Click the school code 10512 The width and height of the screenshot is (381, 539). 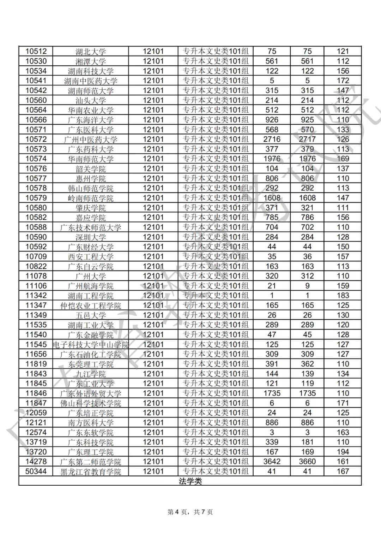pyautogui.click(x=36, y=51)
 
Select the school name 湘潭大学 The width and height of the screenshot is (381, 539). pyautogui.click(x=91, y=61)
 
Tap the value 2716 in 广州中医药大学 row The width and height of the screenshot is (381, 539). pyautogui.click(x=272, y=139)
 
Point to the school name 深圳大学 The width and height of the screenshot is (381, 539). pyautogui.click(x=91, y=237)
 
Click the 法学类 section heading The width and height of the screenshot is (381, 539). pyautogui.click(x=190, y=481)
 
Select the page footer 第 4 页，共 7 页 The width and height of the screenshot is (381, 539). pyautogui.click(x=190, y=512)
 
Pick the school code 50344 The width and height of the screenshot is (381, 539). pyautogui.click(x=36, y=471)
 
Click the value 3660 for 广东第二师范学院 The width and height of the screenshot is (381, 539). pyautogui.click(x=307, y=461)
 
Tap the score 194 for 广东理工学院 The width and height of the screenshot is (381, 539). pyautogui.click(x=343, y=452)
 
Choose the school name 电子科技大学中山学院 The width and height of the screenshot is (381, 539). pyautogui.click(x=91, y=345)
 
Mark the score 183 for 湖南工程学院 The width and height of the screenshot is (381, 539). pyautogui.click(x=343, y=296)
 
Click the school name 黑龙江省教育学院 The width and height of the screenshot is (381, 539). pyautogui.click(x=91, y=472)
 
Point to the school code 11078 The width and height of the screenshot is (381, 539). pyautogui.click(x=36, y=276)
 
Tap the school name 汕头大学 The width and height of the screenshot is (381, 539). pyautogui.click(x=91, y=101)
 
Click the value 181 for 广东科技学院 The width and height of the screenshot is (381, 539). pyautogui.click(x=307, y=442)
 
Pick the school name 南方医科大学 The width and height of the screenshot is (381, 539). pyautogui.click(x=91, y=423)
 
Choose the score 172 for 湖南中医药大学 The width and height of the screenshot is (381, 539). pyautogui.click(x=343, y=81)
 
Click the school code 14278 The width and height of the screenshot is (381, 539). pyautogui.click(x=36, y=461)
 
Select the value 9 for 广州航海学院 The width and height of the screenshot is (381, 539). pyautogui.click(x=307, y=286)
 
